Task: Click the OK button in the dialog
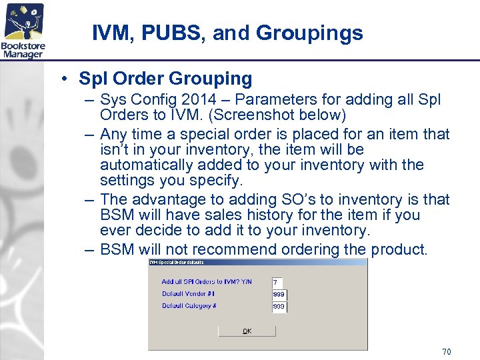(247, 331)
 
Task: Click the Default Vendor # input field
(279, 294)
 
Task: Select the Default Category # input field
(279, 307)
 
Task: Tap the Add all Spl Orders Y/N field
(279, 282)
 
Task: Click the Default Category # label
(189, 306)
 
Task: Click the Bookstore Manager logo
(23, 30)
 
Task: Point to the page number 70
(446, 351)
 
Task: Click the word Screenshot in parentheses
(251, 115)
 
